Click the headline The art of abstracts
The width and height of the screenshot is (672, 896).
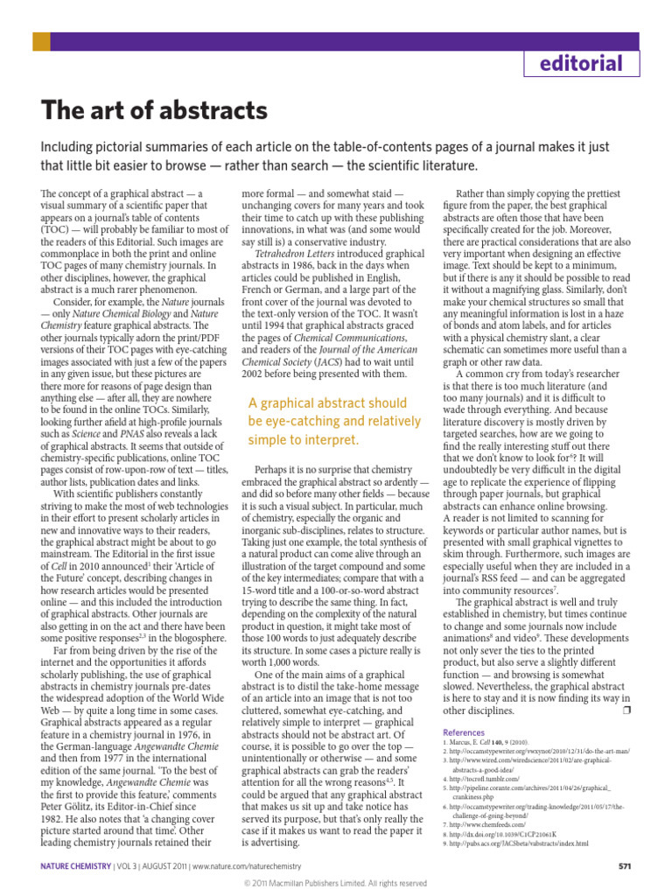154,111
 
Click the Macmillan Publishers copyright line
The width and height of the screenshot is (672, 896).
336,884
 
